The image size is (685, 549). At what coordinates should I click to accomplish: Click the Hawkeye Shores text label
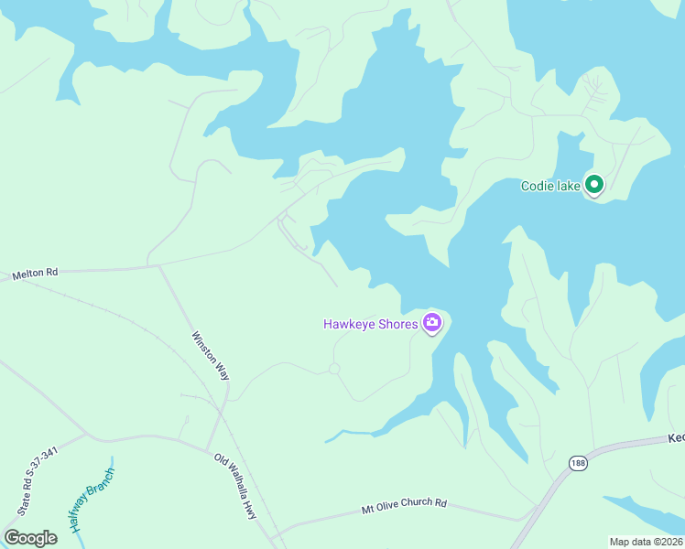click(x=370, y=324)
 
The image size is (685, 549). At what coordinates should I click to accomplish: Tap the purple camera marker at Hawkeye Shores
click(x=432, y=322)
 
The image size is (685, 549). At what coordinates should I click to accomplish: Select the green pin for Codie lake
click(x=593, y=185)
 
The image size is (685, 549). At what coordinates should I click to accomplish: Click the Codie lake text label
click(x=550, y=187)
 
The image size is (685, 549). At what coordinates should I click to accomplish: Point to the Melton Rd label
click(x=35, y=274)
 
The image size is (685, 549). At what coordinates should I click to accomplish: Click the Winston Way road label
click(x=211, y=356)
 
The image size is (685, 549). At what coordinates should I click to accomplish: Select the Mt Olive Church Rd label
click(x=404, y=503)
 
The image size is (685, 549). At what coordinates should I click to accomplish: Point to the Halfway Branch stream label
click(x=90, y=501)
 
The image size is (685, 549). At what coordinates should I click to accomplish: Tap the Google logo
click(x=30, y=538)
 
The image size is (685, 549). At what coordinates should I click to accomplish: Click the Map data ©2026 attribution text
click(x=646, y=542)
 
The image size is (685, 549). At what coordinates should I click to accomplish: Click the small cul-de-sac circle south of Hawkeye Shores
click(x=334, y=369)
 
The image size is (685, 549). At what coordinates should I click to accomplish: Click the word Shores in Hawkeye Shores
click(x=397, y=324)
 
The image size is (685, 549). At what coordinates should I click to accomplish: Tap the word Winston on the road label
click(x=203, y=345)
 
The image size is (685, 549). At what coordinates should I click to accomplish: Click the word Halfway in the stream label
click(x=79, y=517)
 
